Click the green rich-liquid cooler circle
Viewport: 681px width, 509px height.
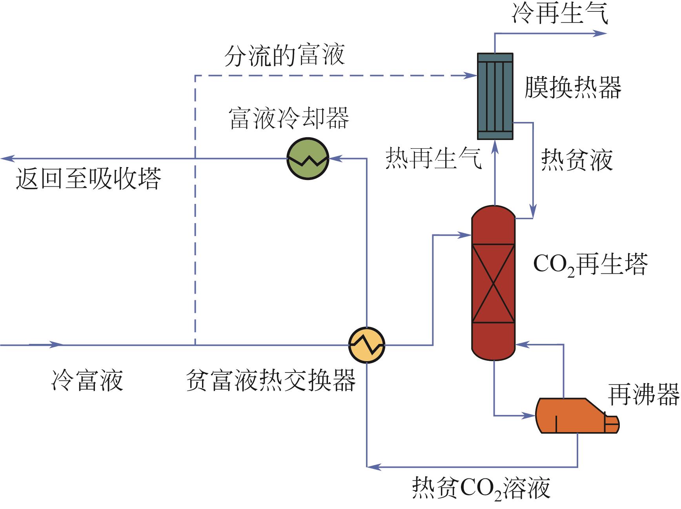point(308,158)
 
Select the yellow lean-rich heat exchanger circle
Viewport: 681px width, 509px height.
point(367,345)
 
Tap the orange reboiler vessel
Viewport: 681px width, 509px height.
point(573,415)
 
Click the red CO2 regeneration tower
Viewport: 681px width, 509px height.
point(493,282)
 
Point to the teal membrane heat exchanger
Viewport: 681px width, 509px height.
point(495,96)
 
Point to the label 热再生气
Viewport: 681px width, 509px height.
point(434,159)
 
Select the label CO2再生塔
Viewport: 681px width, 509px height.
point(590,265)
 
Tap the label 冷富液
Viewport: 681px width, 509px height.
point(87,380)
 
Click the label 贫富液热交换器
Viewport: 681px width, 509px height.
point(271,380)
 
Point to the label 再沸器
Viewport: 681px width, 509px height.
point(643,394)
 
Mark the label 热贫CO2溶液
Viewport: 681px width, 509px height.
point(481,488)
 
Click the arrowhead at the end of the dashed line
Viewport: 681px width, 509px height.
point(471,75)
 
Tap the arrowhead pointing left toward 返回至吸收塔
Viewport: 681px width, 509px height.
point(7,158)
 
